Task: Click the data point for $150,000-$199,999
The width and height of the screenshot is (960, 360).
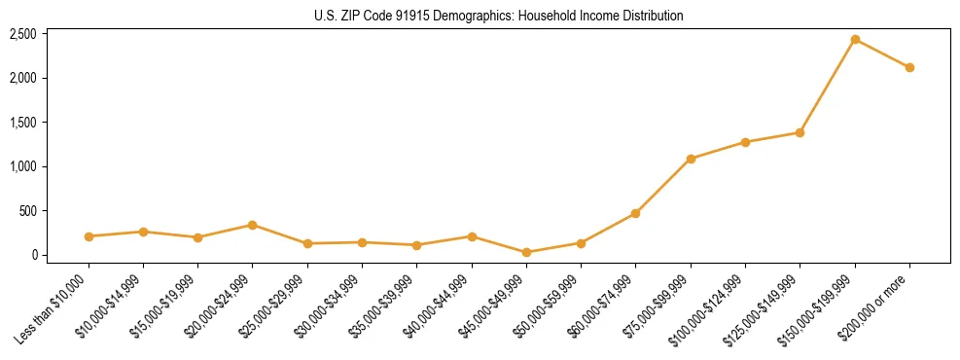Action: click(x=855, y=40)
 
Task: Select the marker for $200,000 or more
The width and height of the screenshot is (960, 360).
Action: click(x=909, y=68)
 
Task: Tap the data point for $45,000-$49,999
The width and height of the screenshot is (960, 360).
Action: click(x=526, y=252)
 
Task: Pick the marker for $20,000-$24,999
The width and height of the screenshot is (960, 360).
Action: click(x=253, y=225)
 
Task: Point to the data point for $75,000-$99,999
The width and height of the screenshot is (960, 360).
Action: click(x=691, y=159)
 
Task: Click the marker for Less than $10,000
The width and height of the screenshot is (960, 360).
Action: click(x=89, y=236)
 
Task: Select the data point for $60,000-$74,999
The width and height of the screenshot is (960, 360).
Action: click(x=636, y=213)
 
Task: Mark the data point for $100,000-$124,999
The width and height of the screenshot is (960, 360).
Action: click(x=745, y=142)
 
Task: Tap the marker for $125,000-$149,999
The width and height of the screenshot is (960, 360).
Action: click(x=800, y=132)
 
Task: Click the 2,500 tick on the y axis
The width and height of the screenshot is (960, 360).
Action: click(x=22, y=34)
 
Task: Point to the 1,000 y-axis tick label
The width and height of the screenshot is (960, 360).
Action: click(x=22, y=166)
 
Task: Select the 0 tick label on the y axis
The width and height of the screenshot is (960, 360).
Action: click(x=34, y=255)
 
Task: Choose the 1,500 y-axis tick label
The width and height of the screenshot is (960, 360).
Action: click(x=22, y=123)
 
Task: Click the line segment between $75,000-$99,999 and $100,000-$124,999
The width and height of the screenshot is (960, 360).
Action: click(x=718, y=151)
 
